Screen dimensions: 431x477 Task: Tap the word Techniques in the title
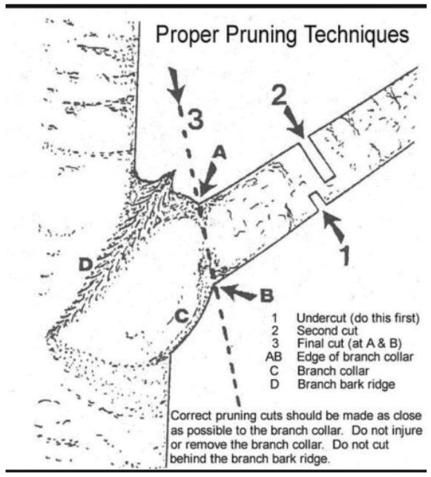(x=357, y=34)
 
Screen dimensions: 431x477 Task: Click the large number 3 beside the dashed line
(x=195, y=119)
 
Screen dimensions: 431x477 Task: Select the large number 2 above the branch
(x=279, y=95)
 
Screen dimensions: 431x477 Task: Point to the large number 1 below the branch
(x=344, y=255)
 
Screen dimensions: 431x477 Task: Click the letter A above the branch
(x=220, y=153)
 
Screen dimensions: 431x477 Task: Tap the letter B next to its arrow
(x=267, y=295)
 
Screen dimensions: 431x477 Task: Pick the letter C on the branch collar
(x=182, y=316)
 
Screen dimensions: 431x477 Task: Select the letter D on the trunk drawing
(x=85, y=264)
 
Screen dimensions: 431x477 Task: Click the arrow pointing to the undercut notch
(x=333, y=227)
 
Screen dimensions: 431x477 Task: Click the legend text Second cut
(x=327, y=331)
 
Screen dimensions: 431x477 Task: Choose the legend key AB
(x=274, y=357)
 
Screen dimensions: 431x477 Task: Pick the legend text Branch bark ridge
(x=346, y=384)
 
